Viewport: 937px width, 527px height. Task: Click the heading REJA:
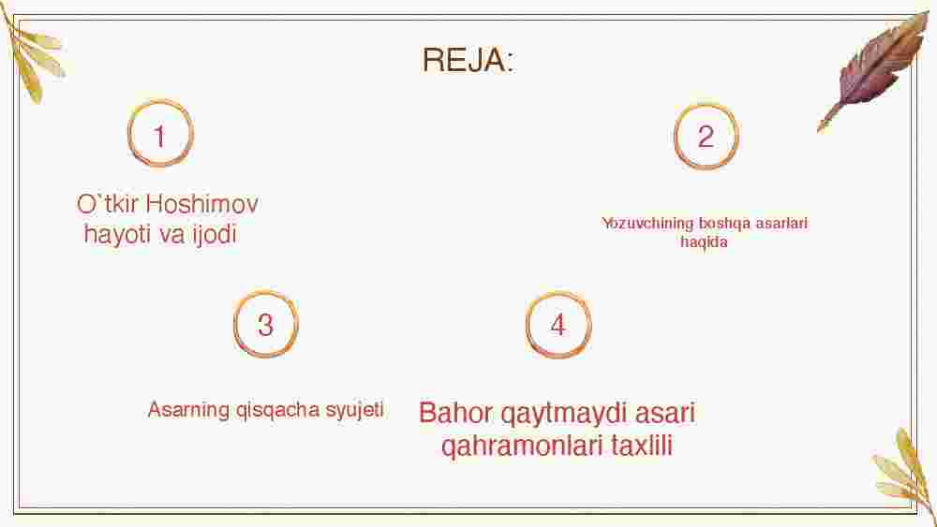click(468, 60)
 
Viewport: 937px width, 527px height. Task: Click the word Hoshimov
click(202, 204)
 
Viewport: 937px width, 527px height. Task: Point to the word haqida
click(704, 242)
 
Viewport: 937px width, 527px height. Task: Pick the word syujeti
click(354, 411)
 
